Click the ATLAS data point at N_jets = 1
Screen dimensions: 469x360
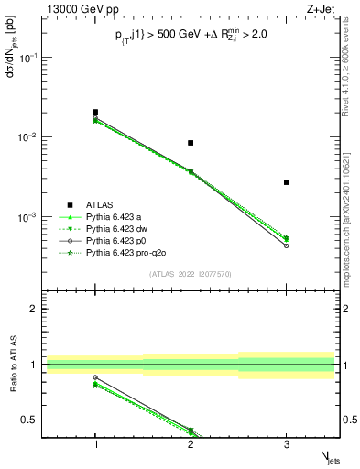click(x=95, y=112)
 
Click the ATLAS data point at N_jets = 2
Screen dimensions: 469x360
click(x=191, y=143)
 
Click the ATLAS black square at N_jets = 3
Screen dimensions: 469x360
click(x=287, y=182)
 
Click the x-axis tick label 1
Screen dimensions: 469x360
click(x=95, y=442)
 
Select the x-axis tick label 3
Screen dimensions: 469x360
click(x=287, y=442)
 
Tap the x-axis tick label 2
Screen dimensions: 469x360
click(x=191, y=442)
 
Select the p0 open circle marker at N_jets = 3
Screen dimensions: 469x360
click(x=287, y=245)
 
